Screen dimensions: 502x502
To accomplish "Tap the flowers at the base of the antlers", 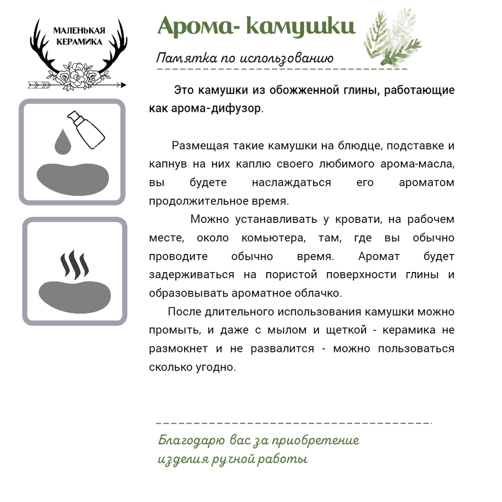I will click(78, 77).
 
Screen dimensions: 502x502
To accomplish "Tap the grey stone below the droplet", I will click(73, 178).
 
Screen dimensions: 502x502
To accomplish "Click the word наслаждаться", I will click(292, 183).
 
